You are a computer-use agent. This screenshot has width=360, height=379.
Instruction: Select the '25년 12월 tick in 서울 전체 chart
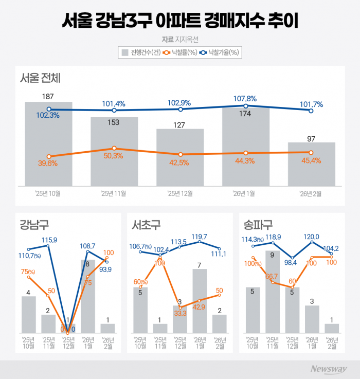pyautogui.click(x=180, y=194)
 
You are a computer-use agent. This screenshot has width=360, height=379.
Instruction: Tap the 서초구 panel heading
pyautogui.click(x=147, y=225)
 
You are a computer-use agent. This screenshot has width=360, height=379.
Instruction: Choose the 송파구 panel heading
pyautogui.click(x=259, y=225)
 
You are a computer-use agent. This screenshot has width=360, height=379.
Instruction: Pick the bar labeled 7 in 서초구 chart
pyautogui.click(x=200, y=303)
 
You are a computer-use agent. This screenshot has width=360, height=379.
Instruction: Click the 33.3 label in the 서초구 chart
pyautogui.click(x=179, y=313)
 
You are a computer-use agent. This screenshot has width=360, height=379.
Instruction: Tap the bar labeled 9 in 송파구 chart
pyautogui.click(x=273, y=293)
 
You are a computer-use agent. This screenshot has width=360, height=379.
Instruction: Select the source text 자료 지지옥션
pyautogui.click(x=179, y=39)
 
